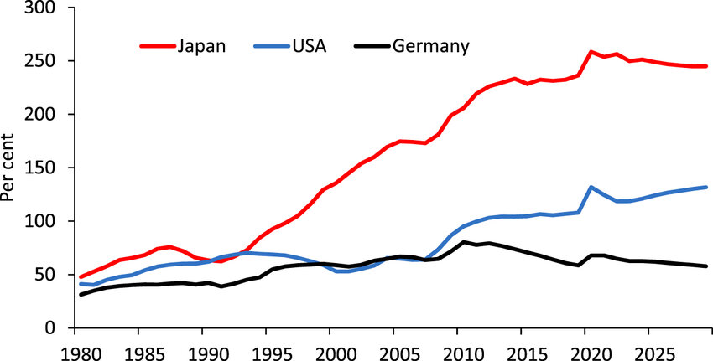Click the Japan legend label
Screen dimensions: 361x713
click(x=201, y=46)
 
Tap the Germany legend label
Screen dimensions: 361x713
click(x=430, y=46)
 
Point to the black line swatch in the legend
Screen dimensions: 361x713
click(x=369, y=46)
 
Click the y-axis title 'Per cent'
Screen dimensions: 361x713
click(x=11, y=168)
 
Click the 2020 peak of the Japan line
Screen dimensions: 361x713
click(x=591, y=52)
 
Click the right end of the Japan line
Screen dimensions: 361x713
click(x=706, y=66)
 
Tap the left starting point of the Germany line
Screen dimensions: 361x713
click(x=81, y=294)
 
